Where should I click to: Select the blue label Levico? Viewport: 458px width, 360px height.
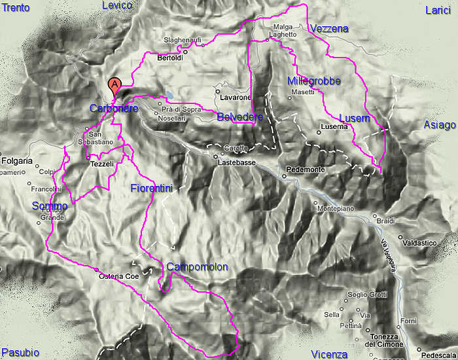pos(118,6)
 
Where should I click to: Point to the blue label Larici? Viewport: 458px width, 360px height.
pos(438,9)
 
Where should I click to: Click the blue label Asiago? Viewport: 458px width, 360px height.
pos(439,125)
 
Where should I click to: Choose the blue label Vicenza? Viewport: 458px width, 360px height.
pos(329,354)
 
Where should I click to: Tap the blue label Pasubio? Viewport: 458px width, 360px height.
pos(20,353)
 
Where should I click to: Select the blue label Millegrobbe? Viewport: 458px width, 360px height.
pos(313,81)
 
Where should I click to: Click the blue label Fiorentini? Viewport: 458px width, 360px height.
pos(150,189)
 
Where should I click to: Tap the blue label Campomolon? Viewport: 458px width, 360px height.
pos(197,267)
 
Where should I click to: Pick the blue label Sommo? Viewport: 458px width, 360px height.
pos(49,206)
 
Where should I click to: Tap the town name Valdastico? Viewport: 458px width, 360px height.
pos(423,242)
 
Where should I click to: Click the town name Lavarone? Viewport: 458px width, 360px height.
pos(236,98)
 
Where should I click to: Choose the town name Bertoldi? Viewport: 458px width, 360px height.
pos(170,58)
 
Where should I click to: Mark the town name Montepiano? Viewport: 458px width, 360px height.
pos(336,209)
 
